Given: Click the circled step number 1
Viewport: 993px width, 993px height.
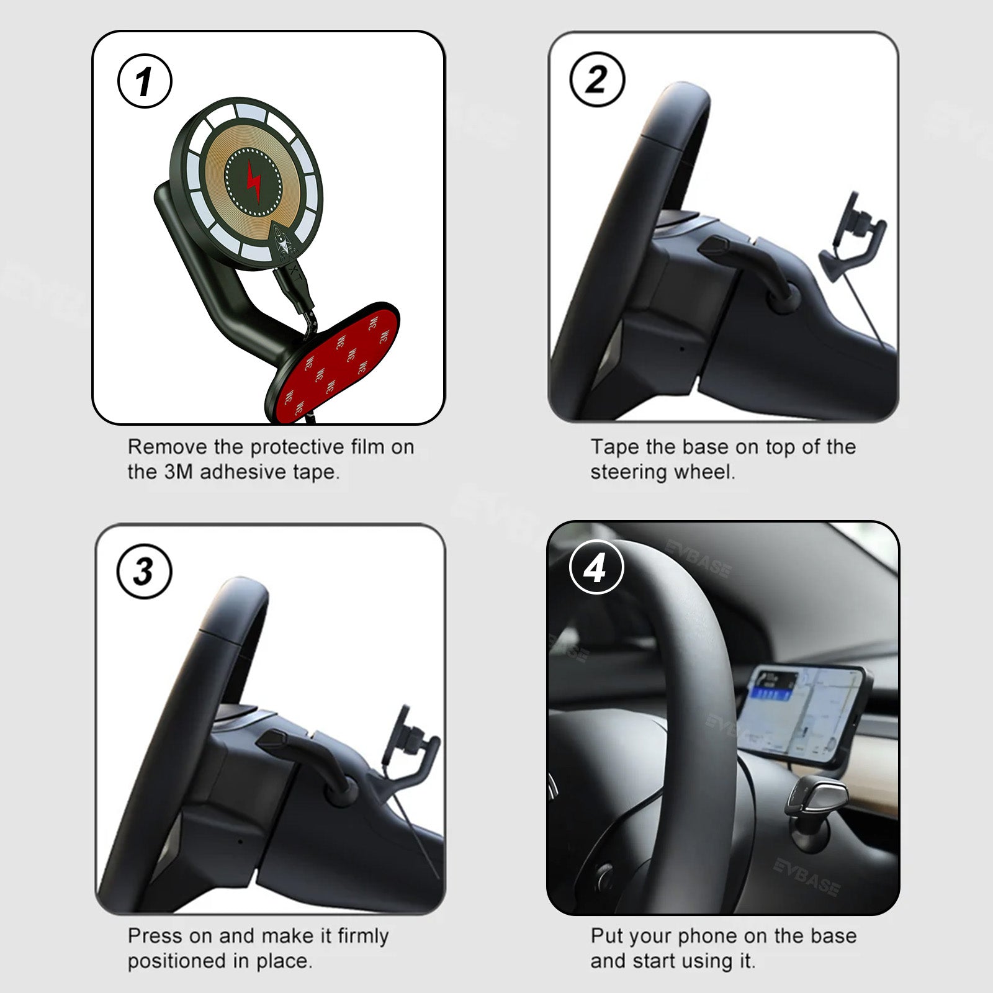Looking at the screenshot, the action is pyautogui.click(x=145, y=81).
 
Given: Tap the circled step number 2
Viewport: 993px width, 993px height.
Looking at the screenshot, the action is pyautogui.click(x=596, y=79).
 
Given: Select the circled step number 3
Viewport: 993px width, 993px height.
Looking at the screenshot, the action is pyautogui.click(x=145, y=571).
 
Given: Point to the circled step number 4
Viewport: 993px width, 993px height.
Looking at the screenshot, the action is pyautogui.click(x=596, y=567).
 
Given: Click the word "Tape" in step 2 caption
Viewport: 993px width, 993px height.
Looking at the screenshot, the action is pyautogui.click(x=614, y=448).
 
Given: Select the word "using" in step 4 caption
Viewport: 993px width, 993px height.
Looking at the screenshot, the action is pyautogui.click(x=703, y=961).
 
